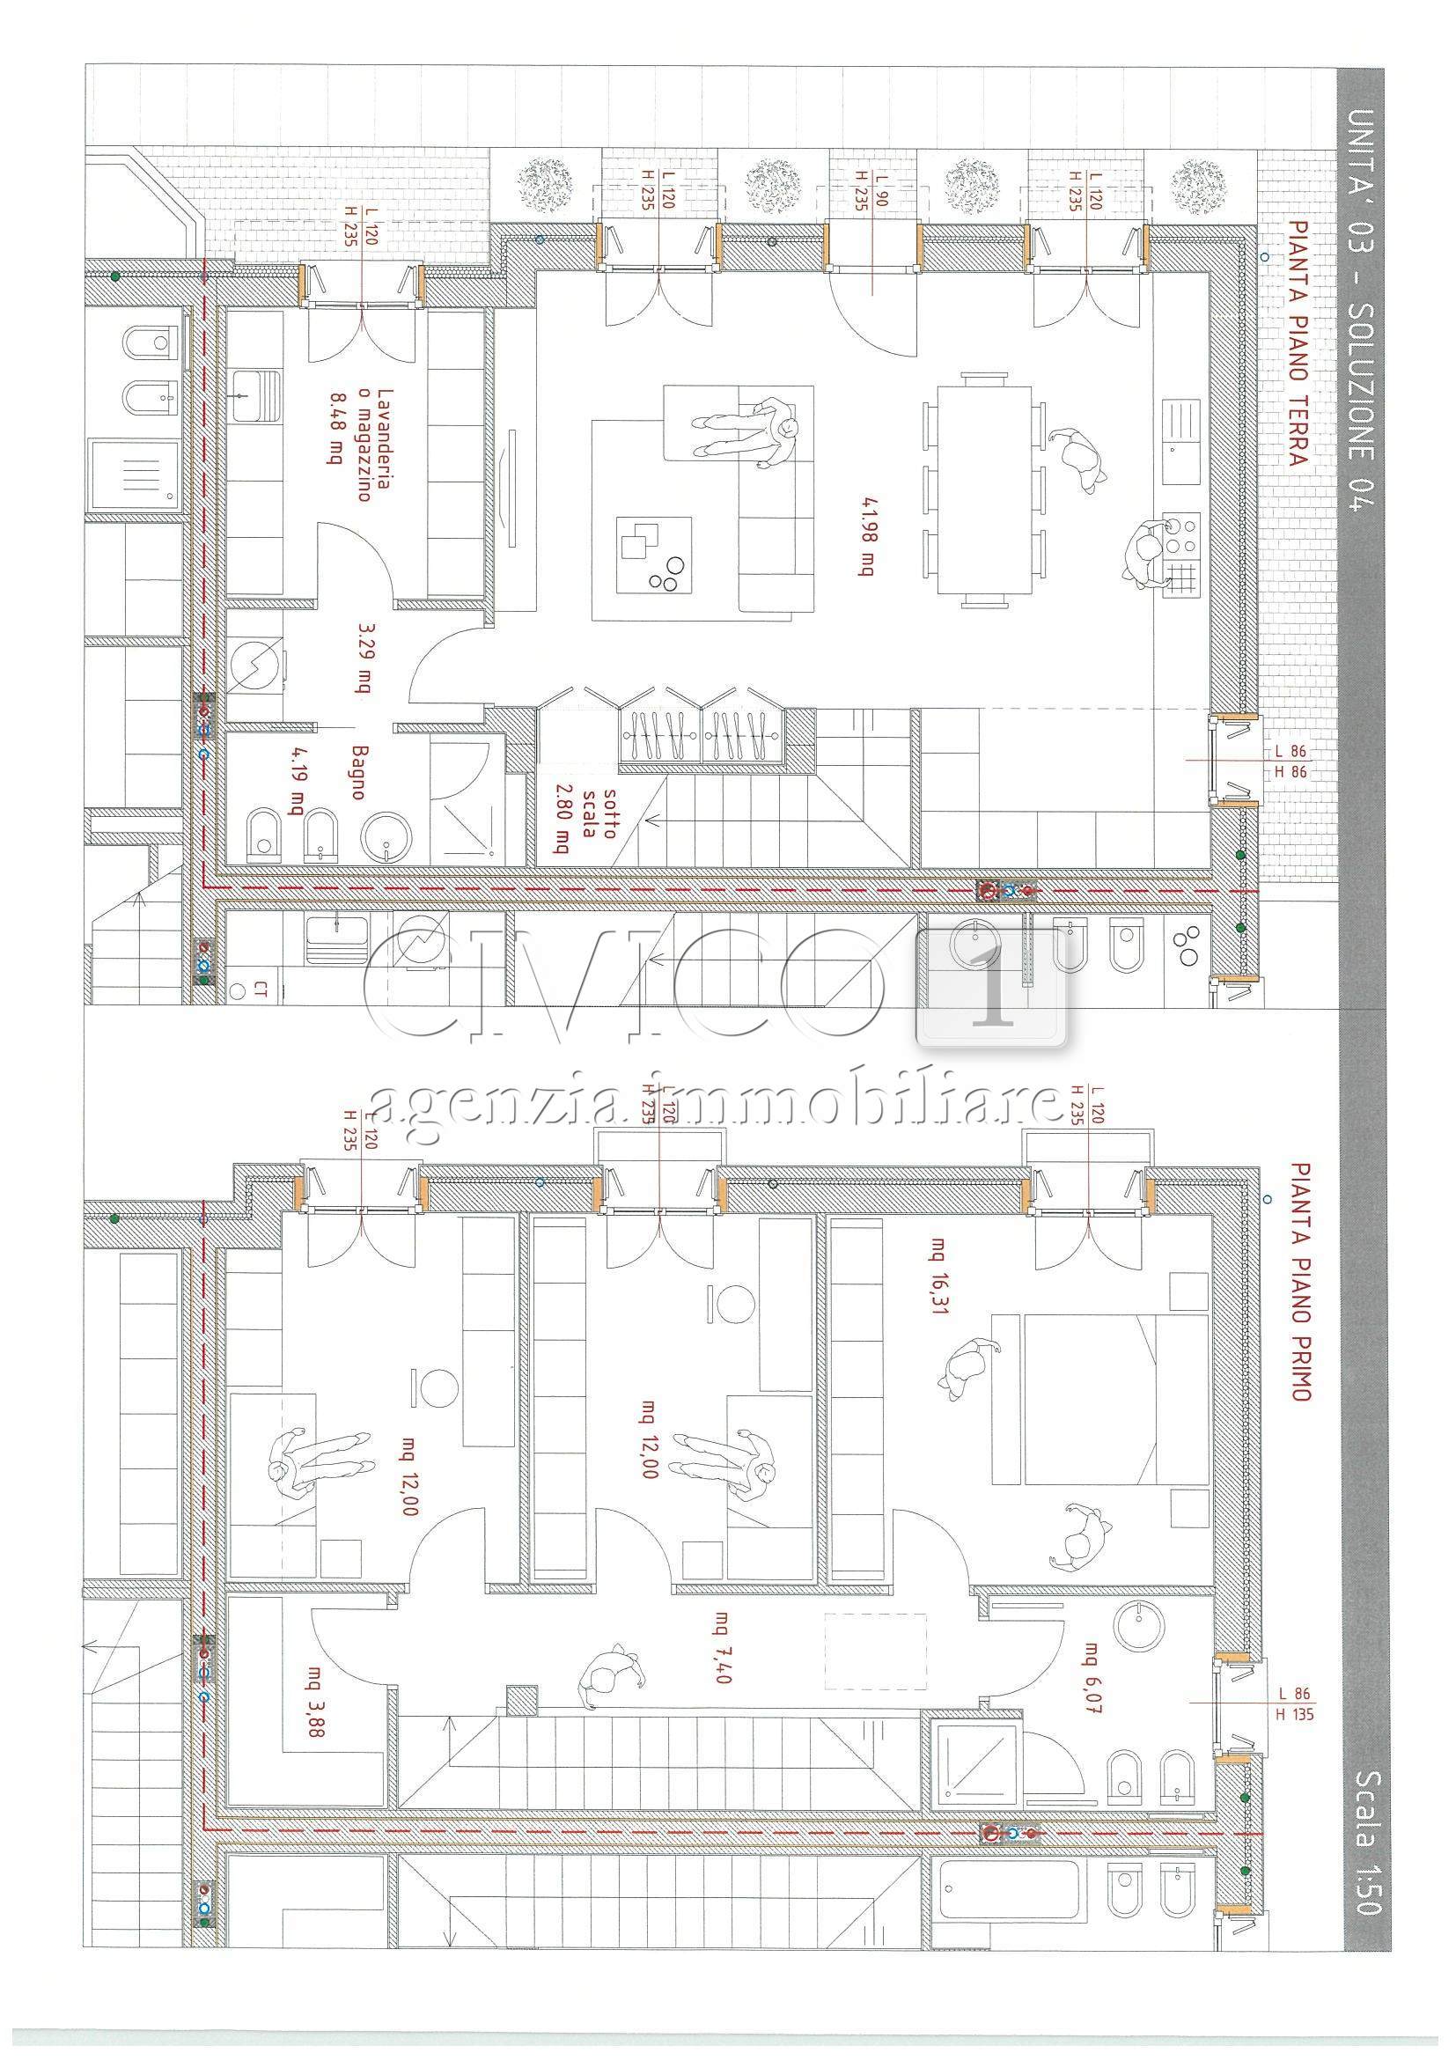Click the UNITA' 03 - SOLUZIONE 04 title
1362,310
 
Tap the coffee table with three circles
655,554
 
